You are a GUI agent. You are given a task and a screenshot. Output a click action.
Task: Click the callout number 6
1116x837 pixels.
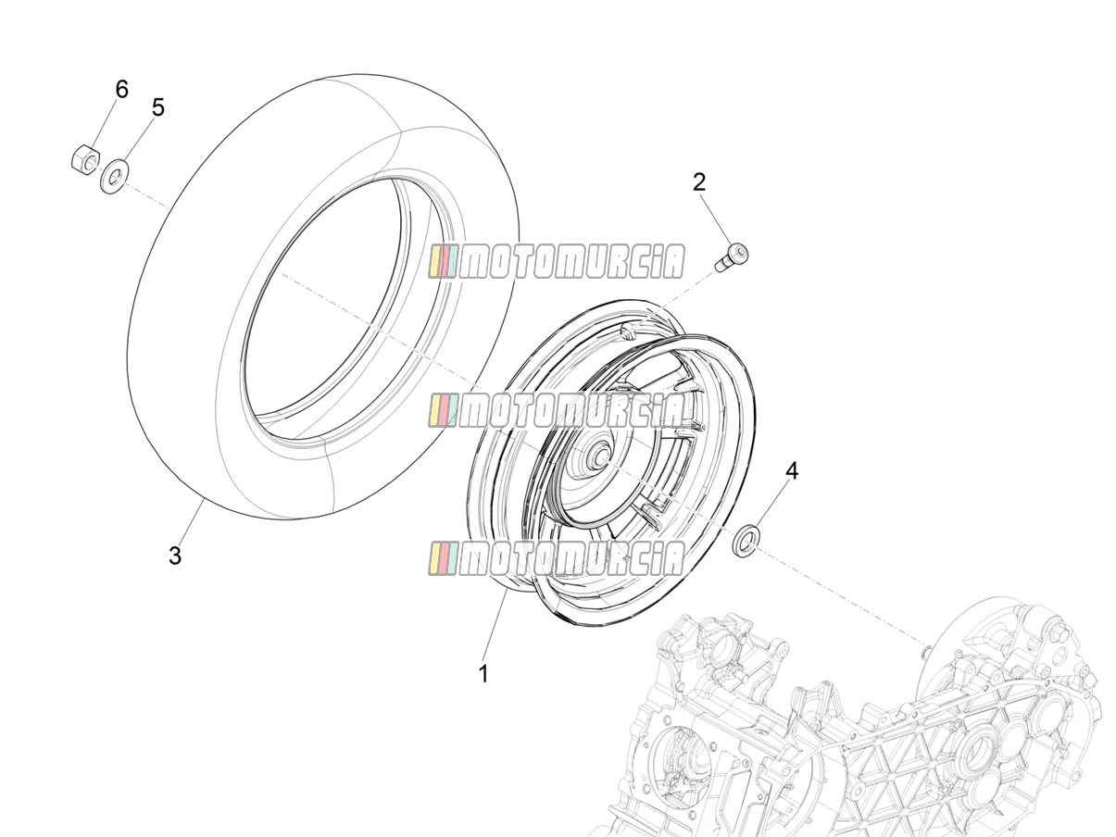pos(122,90)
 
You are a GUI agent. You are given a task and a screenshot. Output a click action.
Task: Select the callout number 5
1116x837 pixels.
pos(158,107)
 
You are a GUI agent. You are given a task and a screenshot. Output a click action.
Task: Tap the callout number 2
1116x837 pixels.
pos(699,181)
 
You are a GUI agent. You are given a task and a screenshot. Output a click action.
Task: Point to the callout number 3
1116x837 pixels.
pos(175,556)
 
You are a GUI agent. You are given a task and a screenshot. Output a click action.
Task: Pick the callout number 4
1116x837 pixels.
pos(792,471)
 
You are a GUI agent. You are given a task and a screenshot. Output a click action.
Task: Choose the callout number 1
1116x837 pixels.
pos(483,674)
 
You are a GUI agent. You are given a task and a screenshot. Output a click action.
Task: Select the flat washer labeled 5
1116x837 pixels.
pos(115,176)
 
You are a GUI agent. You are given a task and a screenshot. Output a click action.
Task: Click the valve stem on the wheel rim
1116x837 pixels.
pos(629,332)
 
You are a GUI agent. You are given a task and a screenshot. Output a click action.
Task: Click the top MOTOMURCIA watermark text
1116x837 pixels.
pos(557,262)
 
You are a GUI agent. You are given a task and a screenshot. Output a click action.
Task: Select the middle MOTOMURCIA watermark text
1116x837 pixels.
pos(557,410)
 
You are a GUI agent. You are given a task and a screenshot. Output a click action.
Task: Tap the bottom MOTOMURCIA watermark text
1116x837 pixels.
pos(557,558)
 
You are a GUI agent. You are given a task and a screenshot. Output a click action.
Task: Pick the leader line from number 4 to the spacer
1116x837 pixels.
pos(769,506)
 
